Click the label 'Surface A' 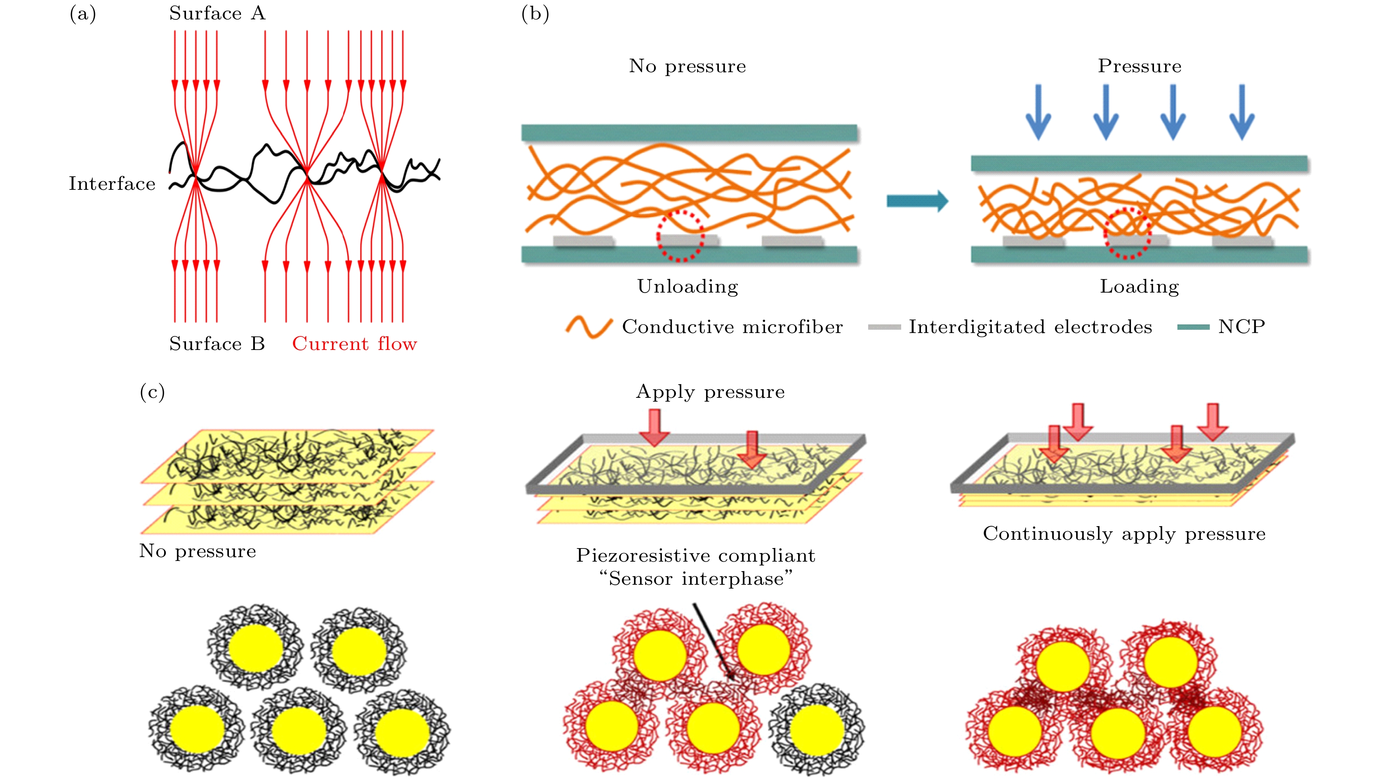pyautogui.click(x=217, y=13)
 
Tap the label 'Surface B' pyautogui.click(x=217, y=344)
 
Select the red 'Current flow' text pyautogui.click(x=354, y=344)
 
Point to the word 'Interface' pyautogui.click(x=112, y=184)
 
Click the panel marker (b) pyautogui.click(x=535, y=14)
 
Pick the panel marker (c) pyautogui.click(x=152, y=392)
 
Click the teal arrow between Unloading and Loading pyautogui.click(x=916, y=201)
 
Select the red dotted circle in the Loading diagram pyautogui.click(x=1127, y=234)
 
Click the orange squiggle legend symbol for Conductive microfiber pyautogui.click(x=589, y=326)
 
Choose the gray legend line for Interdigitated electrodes pyautogui.click(x=884, y=327)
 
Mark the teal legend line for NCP pyautogui.click(x=1193, y=327)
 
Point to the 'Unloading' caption pyautogui.click(x=688, y=287)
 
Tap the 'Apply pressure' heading pyautogui.click(x=710, y=392)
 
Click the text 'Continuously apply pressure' pyautogui.click(x=1124, y=534)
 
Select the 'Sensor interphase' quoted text pyautogui.click(x=695, y=579)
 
